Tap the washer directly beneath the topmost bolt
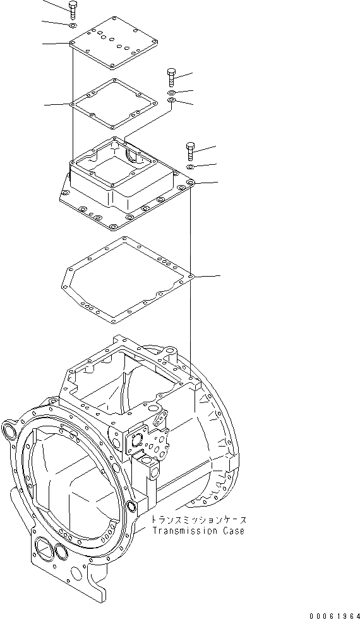[x=73, y=25]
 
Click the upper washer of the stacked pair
[x=172, y=93]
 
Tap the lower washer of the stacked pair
[x=172, y=101]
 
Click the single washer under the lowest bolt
[x=191, y=167]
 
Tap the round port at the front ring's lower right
[x=131, y=506]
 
